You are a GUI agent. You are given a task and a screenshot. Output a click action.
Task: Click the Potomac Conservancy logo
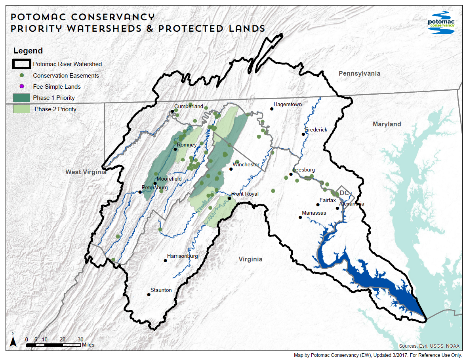coord(441,23)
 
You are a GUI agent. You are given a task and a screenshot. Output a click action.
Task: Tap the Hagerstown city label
coord(288,105)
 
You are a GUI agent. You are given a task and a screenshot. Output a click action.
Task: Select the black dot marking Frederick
coord(303,134)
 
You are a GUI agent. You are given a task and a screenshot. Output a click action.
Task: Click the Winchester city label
coord(246,164)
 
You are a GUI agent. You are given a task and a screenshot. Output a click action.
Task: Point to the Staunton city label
coord(161,290)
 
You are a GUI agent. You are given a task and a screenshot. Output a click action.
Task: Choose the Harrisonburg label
coord(182,256)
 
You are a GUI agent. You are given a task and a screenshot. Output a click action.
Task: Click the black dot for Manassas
coord(300,217)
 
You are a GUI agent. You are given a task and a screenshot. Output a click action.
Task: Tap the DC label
coord(344,192)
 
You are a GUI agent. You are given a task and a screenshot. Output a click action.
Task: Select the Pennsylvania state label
coord(359,73)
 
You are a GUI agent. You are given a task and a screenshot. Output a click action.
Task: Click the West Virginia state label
coord(86,172)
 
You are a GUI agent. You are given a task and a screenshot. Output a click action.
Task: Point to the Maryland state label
coord(387,124)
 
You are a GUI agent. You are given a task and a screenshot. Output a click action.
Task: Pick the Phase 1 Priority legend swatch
coord(21,98)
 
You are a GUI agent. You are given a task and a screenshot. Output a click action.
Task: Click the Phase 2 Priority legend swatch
coord(21,109)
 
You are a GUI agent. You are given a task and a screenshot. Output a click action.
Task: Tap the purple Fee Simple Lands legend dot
coord(22,86)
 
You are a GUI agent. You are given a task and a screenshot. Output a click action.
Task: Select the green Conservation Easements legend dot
coord(22,75)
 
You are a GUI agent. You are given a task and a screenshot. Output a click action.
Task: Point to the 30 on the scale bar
coord(80,339)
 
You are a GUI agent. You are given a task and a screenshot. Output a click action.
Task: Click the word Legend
coord(28,51)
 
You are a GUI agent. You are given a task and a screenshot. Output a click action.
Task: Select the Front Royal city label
coord(245,194)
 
